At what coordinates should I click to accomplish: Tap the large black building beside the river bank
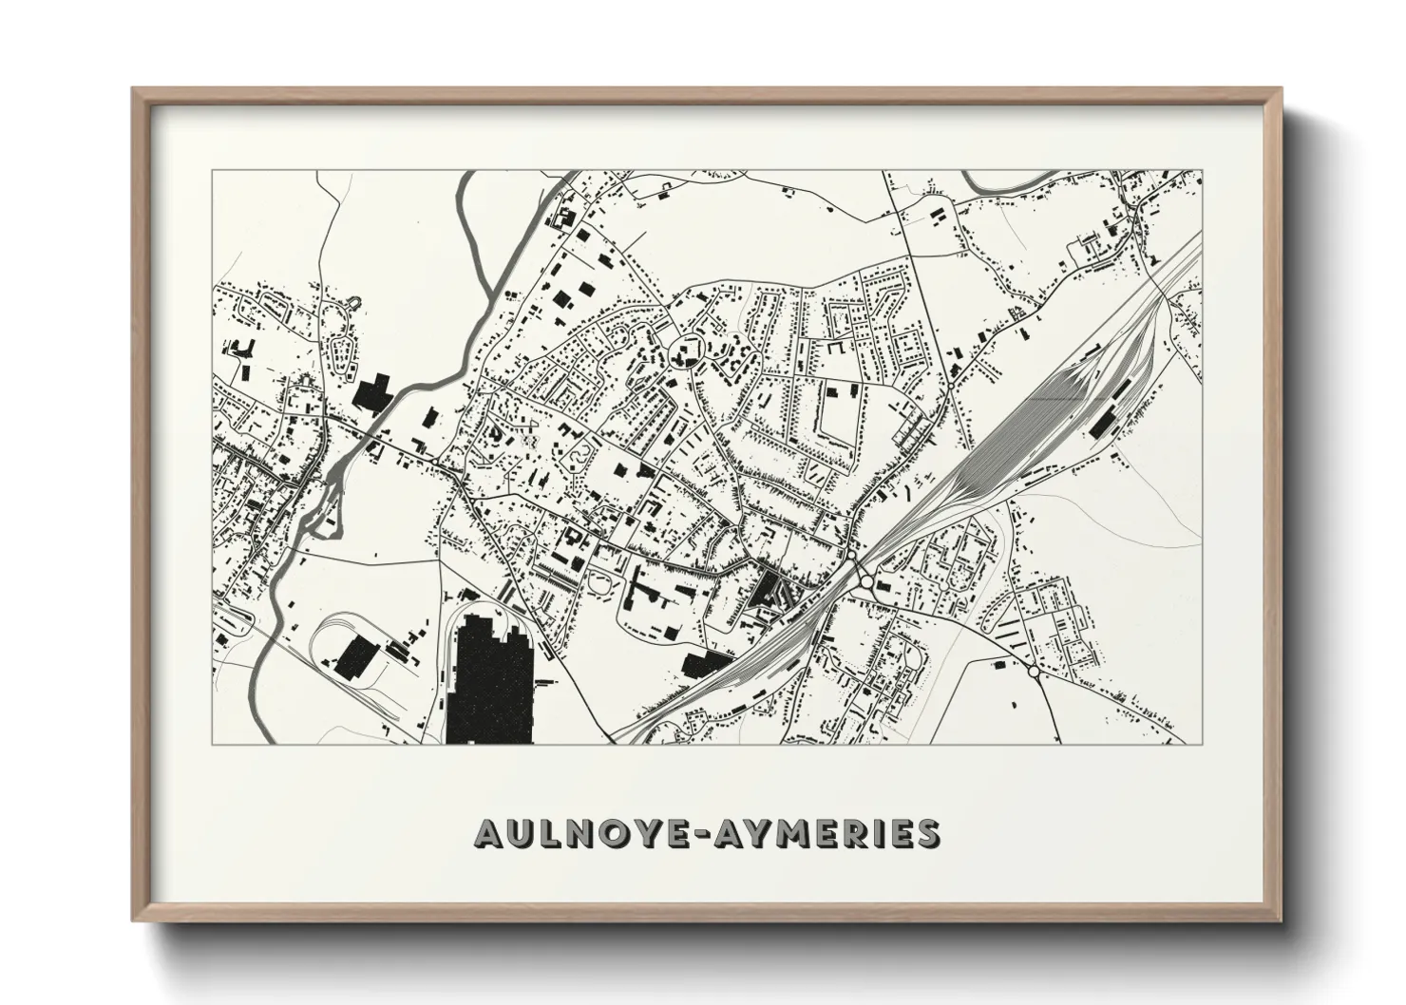click(373, 393)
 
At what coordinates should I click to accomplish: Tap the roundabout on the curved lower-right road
click(1034, 672)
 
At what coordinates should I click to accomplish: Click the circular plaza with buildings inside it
click(684, 356)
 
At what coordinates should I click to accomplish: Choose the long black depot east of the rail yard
click(1105, 419)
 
